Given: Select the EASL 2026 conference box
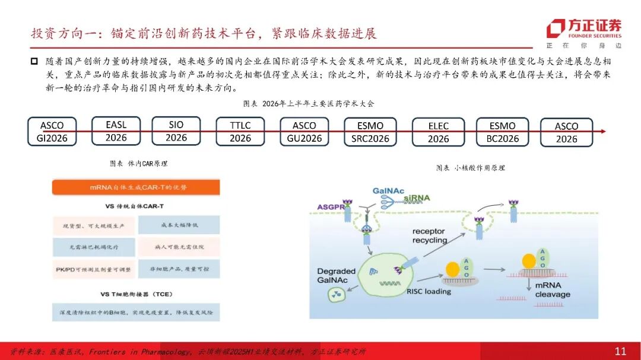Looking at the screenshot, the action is coord(116,131).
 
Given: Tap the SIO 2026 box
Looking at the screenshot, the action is coord(176,131).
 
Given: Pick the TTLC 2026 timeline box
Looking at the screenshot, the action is coord(240,132).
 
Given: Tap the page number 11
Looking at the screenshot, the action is coord(620,351).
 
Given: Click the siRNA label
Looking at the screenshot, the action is coord(417,197).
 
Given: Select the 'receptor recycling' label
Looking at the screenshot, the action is coord(430,235).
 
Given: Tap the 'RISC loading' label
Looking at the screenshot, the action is coord(429,291).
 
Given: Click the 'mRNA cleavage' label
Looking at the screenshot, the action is coord(552,289).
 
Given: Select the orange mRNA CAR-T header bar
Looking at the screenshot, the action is coord(135,187).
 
